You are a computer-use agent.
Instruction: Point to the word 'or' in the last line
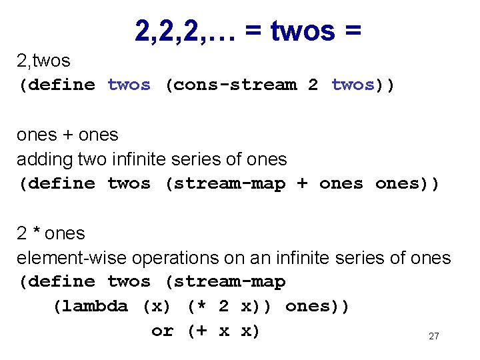(162, 331)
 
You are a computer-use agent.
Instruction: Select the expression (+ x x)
(223, 331)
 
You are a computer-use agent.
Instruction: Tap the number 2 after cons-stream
(313, 85)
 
